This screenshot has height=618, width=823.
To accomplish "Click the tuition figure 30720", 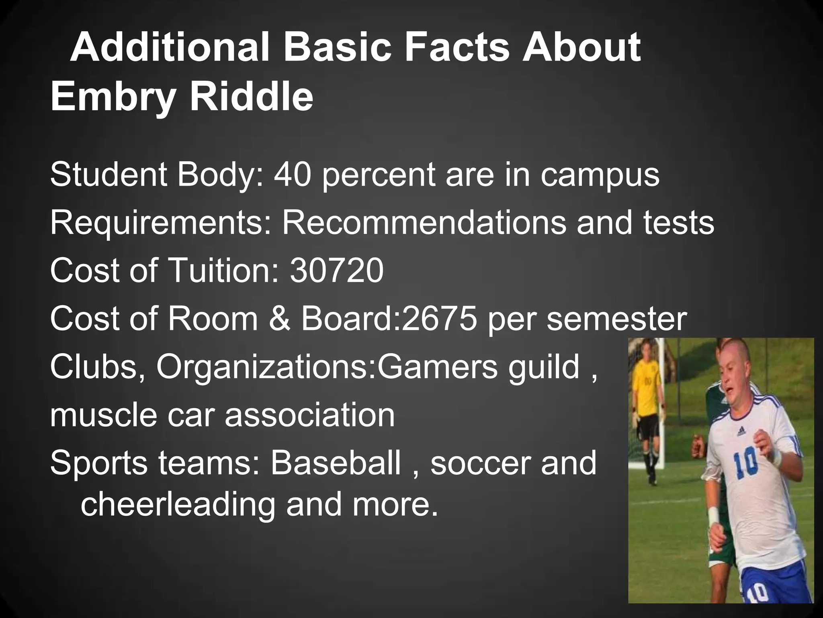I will (x=336, y=270).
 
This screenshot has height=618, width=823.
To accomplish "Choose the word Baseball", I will (x=336, y=463).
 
